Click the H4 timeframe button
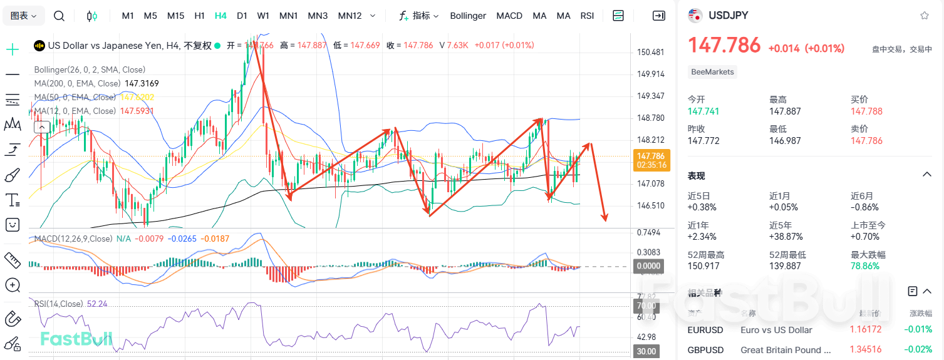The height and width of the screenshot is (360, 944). pyautogui.click(x=220, y=16)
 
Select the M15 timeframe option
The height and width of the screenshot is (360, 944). pyautogui.click(x=175, y=16)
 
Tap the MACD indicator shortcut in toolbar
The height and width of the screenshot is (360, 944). pyautogui.click(x=509, y=16)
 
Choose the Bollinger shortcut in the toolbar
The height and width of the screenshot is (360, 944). pyautogui.click(x=468, y=16)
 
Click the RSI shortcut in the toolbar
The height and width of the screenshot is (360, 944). pyautogui.click(x=587, y=16)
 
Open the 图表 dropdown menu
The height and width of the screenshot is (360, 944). pyautogui.click(x=24, y=16)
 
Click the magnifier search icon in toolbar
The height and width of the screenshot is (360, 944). pyautogui.click(x=59, y=16)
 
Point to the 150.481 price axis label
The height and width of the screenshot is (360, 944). pyautogui.click(x=650, y=53)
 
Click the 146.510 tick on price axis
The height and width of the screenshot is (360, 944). pyautogui.click(x=650, y=205)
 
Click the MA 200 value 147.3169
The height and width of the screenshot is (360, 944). pyautogui.click(x=142, y=83)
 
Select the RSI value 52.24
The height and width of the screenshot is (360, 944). pyautogui.click(x=97, y=304)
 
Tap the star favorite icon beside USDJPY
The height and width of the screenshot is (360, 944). pyautogui.click(x=925, y=16)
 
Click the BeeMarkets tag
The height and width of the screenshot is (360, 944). pyautogui.click(x=712, y=72)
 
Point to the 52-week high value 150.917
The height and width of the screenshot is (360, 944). pyautogui.click(x=704, y=266)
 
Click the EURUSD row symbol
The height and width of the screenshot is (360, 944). pyautogui.click(x=705, y=330)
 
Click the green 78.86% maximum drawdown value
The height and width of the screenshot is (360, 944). pyautogui.click(x=865, y=266)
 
